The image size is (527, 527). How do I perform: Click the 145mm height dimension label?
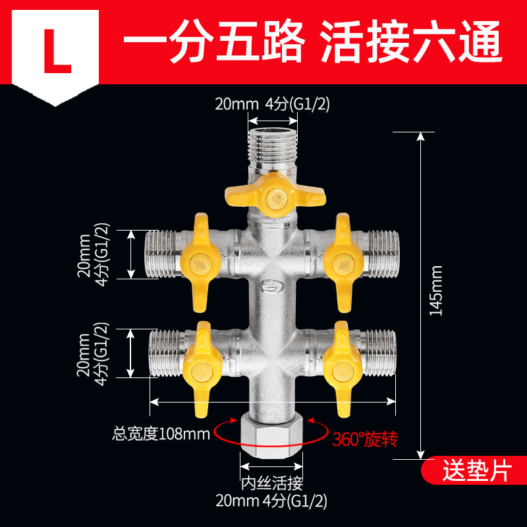click(435, 291)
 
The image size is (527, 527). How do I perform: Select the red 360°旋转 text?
click(366, 437)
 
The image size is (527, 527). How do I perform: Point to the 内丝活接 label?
click(271, 483)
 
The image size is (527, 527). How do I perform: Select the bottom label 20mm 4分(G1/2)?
click(271, 501)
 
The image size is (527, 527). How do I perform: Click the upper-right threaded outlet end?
click(378, 253)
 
